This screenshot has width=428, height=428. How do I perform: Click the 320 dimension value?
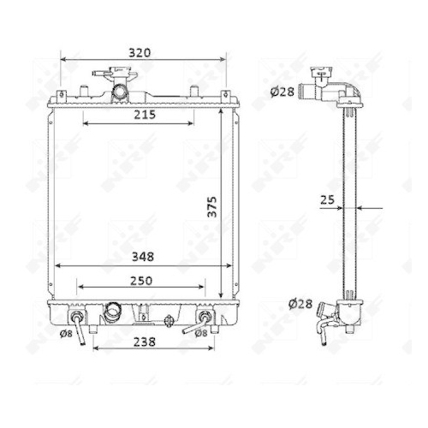click(140, 53)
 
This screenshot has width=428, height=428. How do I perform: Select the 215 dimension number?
click(145, 115)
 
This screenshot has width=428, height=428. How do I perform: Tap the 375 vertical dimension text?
click(212, 207)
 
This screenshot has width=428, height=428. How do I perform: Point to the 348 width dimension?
click(143, 257)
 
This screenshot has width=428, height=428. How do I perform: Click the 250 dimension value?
click(141, 281)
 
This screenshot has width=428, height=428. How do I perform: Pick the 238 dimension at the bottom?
click(145, 342)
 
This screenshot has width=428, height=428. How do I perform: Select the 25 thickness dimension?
click(327, 200)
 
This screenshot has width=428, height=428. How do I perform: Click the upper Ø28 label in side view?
click(282, 92)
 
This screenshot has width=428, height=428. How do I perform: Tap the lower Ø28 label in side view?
click(300, 304)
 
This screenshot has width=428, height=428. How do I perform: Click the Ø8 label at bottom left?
click(66, 334)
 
